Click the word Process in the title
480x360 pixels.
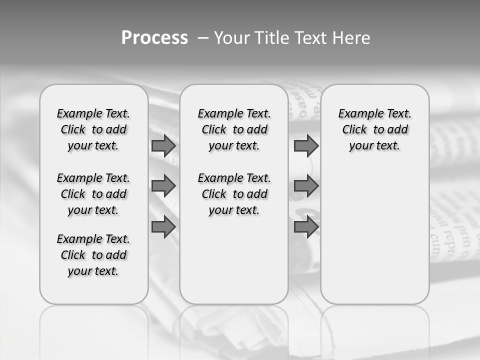tap(154, 37)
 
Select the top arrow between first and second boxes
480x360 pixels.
tap(163, 146)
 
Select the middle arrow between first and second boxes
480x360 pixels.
tap(163, 186)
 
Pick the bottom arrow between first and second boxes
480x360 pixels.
tap(163, 227)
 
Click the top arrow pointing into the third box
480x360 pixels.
tap(306, 146)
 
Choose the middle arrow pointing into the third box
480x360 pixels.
tap(306, 186)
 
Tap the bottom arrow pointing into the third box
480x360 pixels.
tap(306, 227)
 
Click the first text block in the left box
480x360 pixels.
tap(93, 129)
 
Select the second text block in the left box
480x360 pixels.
tap(93, 194)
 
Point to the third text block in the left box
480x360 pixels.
tap(93, 255)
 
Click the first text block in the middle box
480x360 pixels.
tap(234, 129)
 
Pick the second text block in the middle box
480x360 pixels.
tap(234, 194)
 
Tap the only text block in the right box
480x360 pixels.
tap(374, 129)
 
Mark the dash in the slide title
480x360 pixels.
tap(203, 38)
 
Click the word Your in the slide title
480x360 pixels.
tap(230, 38)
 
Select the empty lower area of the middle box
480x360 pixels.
tap(234, 260)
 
